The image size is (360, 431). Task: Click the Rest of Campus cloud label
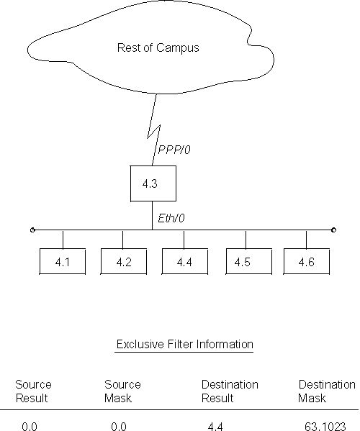157,49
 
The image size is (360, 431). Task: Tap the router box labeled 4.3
149,183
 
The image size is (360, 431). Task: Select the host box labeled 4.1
62,261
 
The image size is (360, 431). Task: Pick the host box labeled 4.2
123,261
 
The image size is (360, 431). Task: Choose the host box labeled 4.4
184,261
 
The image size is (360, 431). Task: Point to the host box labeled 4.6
307,261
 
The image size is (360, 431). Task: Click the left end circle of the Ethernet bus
32,230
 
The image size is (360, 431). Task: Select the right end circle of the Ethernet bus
333,230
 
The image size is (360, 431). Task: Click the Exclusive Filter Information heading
185,345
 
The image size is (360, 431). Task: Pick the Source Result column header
33,391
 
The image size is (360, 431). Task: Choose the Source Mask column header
122,391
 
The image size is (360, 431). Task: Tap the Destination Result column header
229,391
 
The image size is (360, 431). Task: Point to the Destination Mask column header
327,391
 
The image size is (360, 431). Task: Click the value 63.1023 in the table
321,426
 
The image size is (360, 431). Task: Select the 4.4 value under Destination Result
215,426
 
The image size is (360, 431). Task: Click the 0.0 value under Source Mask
119,426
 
